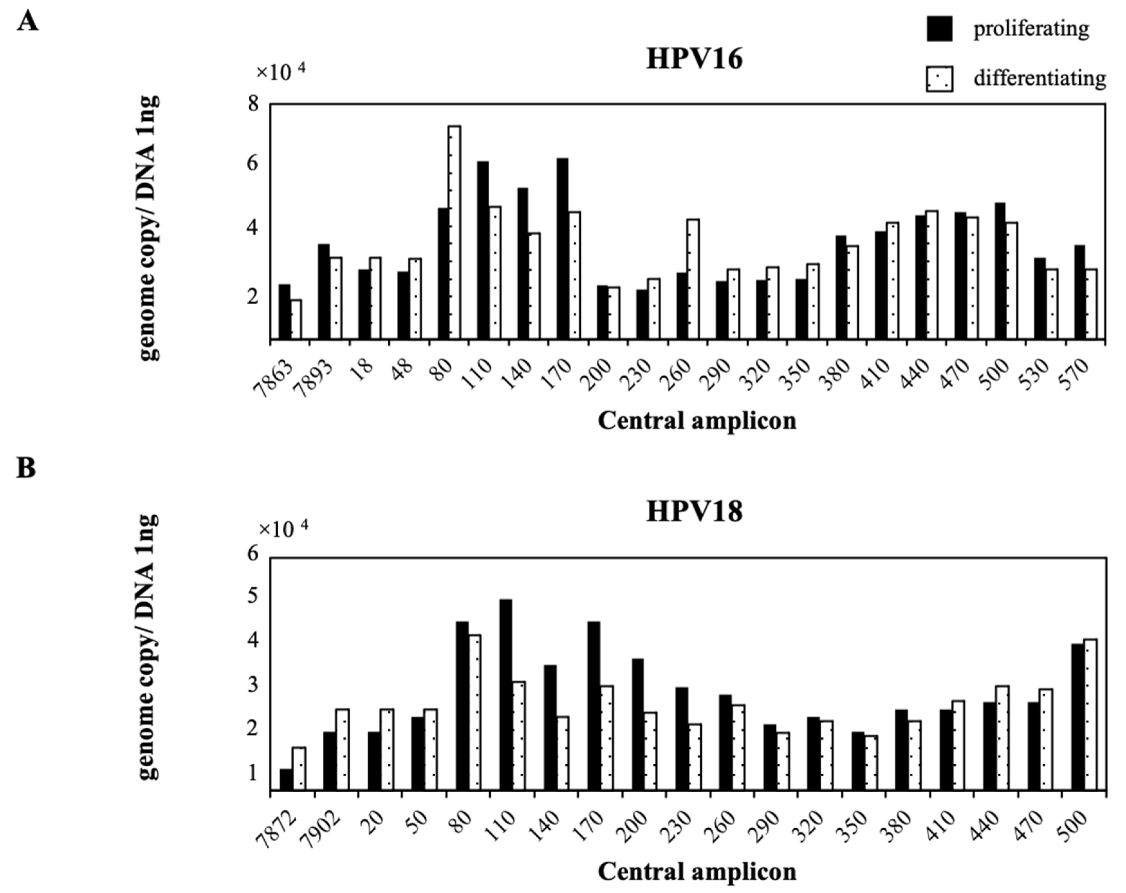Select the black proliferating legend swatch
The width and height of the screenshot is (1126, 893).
939,29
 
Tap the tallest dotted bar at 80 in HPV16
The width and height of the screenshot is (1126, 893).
454,232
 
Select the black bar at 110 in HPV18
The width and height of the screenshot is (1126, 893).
505,695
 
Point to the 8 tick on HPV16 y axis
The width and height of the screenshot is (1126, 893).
253,104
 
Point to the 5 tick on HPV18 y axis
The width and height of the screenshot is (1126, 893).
253,596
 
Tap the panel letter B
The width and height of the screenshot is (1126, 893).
26,468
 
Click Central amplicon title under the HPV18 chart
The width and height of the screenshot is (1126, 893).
697,870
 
